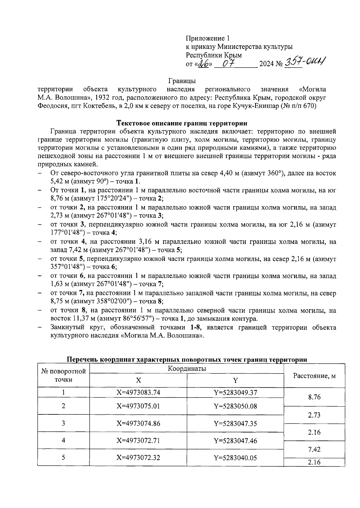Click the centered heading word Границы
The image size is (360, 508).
[182, 81]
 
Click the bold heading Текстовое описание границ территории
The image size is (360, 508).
[182, 123]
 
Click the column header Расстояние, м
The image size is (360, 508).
[314, 375]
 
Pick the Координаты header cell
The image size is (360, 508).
[187, 369]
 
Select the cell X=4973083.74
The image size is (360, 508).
[138, 392]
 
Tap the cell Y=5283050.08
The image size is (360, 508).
[235, 406]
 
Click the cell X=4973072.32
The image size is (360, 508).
[138, 458]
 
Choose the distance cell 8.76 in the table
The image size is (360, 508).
[314, 397]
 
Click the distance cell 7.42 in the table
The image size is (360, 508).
[314, 449]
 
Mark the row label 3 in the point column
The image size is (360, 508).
[63, 423]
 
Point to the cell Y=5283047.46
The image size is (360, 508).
[235, 440]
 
